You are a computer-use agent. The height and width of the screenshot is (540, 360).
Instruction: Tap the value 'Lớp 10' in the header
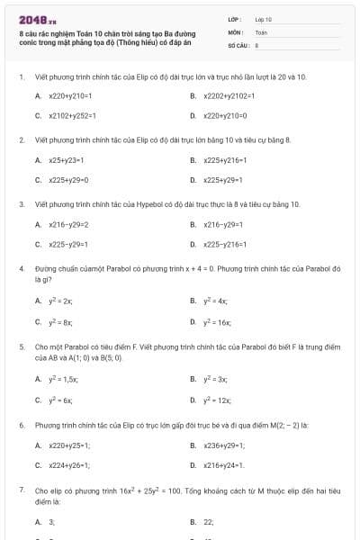pos(263,19)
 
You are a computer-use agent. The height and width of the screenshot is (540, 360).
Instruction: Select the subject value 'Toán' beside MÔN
pos(261,31)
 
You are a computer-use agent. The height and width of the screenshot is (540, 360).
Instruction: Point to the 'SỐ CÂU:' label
pos(238,44)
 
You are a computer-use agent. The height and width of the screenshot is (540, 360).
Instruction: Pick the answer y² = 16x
pos(217,321)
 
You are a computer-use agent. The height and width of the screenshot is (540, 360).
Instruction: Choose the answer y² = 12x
pos(217,400)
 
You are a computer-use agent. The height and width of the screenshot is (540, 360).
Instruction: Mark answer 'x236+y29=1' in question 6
pos(223,445)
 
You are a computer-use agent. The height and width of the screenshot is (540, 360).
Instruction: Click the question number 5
pos(21,346)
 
